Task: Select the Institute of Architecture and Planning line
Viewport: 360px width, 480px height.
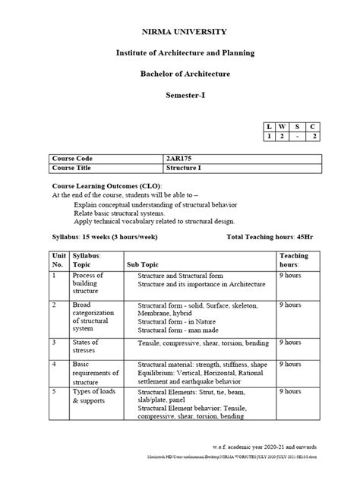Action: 179,52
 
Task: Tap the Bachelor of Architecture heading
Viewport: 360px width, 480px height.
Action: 179,74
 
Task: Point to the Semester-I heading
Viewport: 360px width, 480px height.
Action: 179,95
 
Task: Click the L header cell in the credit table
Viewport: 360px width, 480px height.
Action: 268,125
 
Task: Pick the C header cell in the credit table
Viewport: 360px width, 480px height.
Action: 314,125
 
